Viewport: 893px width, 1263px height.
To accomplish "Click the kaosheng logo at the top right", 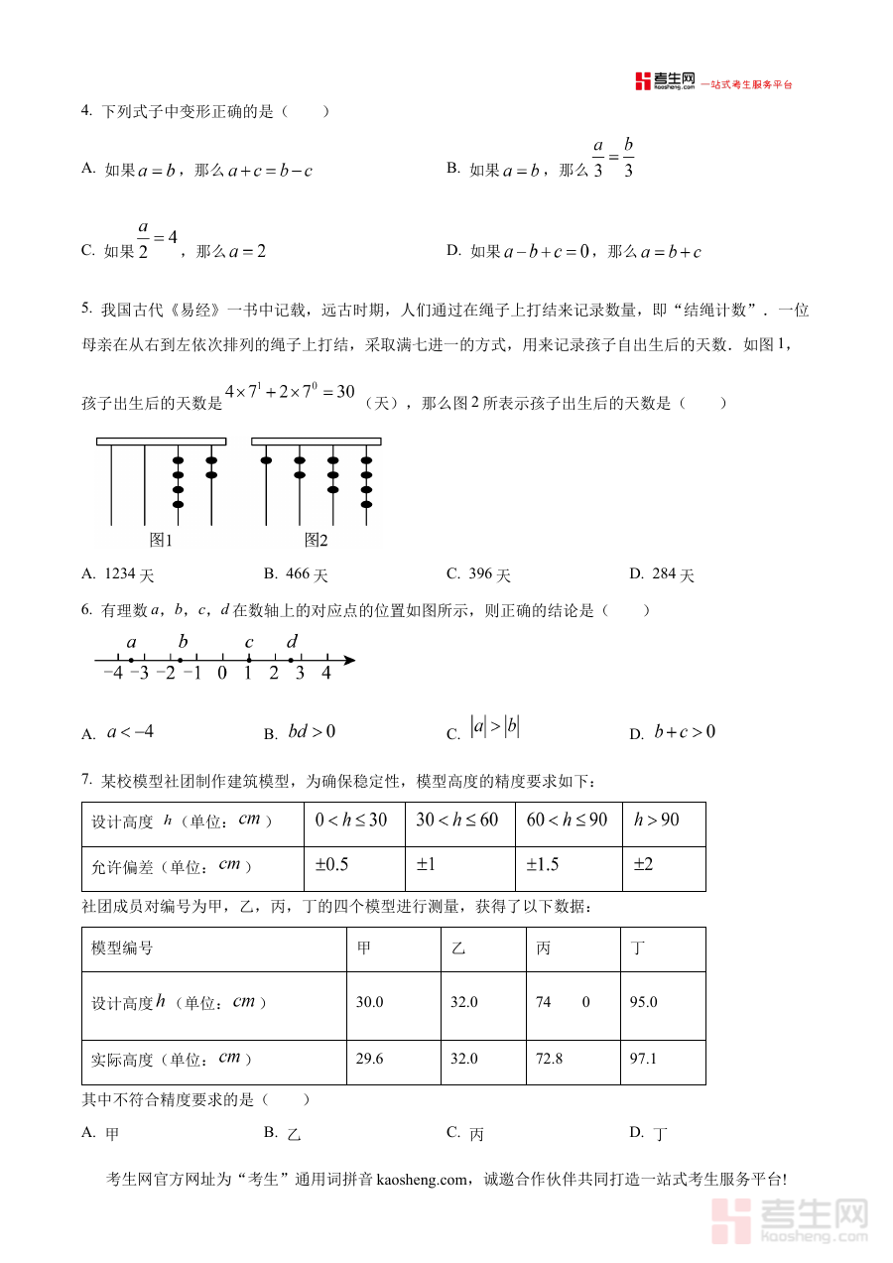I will pos(666,82).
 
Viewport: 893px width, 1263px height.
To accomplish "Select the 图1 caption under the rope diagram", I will pos(161,541).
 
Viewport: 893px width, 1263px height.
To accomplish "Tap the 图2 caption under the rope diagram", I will pos(316,541).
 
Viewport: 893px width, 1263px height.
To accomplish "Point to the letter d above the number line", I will pos(292,642).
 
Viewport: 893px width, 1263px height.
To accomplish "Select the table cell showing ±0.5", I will pos(332,865).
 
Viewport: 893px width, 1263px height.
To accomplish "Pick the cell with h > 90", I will pos(657,820).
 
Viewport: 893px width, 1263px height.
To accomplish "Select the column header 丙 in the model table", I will pos(544,949).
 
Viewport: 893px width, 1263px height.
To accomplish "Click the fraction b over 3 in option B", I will pos(628,158).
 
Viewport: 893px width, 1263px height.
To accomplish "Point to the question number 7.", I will pos(87,781).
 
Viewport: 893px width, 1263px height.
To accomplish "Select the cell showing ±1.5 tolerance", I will pos(543,865).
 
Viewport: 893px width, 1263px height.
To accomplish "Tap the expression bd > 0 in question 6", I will pos(312,732).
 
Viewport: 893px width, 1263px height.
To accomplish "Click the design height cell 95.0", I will pos(643,1003).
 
